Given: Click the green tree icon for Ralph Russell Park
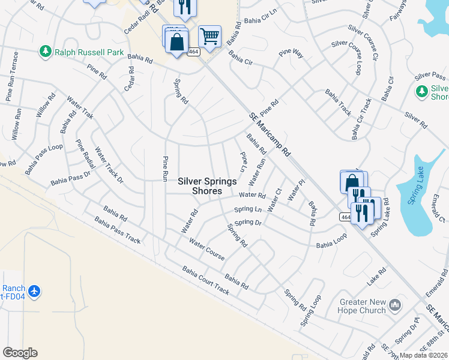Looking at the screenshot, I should pyautogui.click(x=46, y=52).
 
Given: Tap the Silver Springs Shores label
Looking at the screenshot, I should pyautogui.click(x=207, y=186).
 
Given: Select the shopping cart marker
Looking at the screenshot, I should pyautogui.click(x=209, y=37).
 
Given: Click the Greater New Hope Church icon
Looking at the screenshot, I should pyautogui.click(x=395, y=305).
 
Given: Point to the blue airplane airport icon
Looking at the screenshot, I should pyautogui.click(x=35, y=291).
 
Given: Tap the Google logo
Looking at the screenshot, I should pyautogui.click(x=20, y=353).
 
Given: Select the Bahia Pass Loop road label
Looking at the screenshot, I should pyautogui.click(x=43, y=155).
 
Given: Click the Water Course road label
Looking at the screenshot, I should pyautogui.click(x=206, y=249).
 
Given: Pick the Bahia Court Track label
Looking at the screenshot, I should pyautogui.click(x=206, y=280).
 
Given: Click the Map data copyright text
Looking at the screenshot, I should pyautogui.click(x=423, y=355).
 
